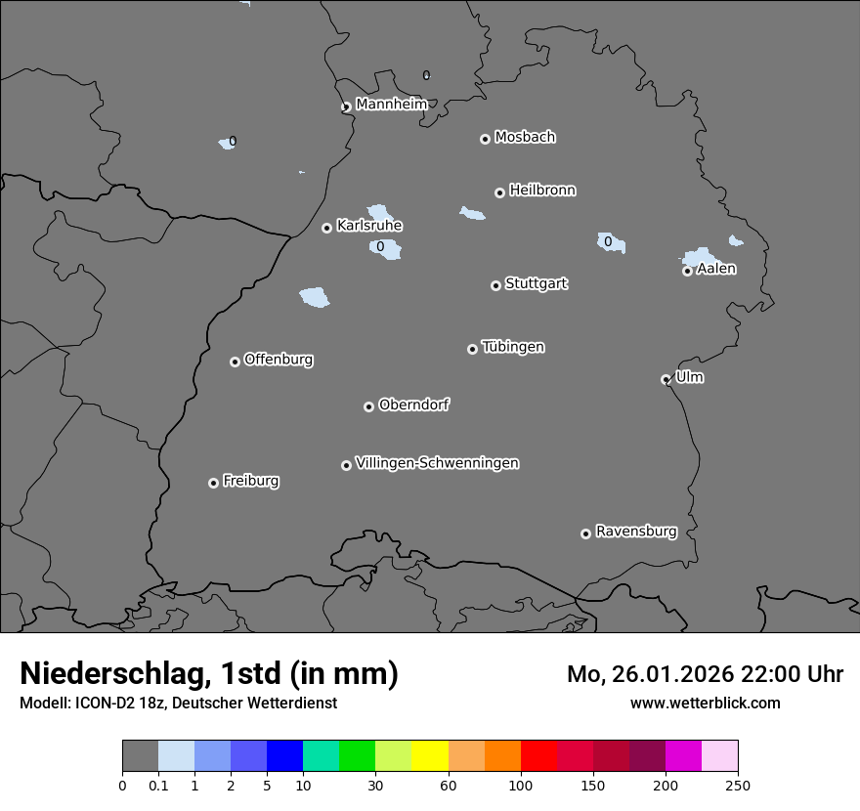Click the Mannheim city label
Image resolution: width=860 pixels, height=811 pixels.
click(391, 104)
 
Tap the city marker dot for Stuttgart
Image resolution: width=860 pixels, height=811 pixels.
click(495, 285)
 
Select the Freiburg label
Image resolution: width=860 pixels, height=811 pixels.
click(250, 481)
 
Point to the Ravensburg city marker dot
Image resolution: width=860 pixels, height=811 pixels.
click(585, 534)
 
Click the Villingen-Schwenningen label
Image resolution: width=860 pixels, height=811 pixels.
click(437, 463)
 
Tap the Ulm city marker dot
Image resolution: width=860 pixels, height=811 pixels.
click(666, 379)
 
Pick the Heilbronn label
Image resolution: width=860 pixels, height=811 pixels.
click(542, 190)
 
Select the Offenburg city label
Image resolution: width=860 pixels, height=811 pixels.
click(279, 359)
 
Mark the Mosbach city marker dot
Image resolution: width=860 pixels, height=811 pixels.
click(485, 139)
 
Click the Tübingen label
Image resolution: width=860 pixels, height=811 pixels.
click(513, 347)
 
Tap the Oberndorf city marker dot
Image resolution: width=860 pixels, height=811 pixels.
click(368, 406)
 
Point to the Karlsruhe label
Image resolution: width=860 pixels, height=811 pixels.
click(369, 226)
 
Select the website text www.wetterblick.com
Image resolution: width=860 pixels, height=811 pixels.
click(705, 703)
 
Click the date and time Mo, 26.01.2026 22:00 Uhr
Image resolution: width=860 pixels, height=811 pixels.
click(705, 674)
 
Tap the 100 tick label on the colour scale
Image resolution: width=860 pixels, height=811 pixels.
click(520, 785)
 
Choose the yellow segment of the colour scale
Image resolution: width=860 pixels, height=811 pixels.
click(429, 756)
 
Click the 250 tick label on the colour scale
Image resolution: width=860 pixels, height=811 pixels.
click(737, 785)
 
